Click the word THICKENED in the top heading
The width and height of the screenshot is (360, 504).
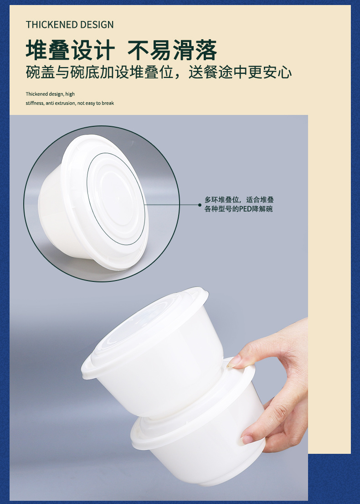click(52, 25)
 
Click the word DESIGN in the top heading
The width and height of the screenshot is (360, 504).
click(97, 25)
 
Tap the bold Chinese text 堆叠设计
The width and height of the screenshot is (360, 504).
click(70, 50)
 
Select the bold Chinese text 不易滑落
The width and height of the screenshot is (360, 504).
click(172, 50)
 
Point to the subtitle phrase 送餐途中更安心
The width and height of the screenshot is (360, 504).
click(240, 72)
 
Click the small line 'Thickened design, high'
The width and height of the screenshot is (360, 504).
click(50, 94)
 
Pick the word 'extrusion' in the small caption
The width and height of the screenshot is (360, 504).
click(65, 103)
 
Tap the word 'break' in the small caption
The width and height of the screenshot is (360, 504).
click(108, 103)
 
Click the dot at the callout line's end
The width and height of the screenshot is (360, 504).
click(200, 205)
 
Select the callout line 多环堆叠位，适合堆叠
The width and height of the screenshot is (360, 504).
click(239, 200)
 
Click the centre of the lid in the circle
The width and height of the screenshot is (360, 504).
click(116, 199)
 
